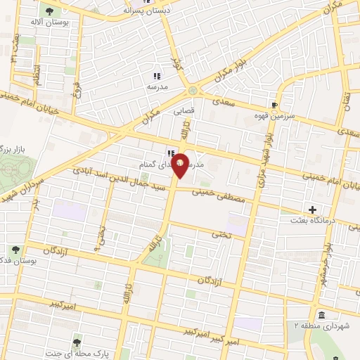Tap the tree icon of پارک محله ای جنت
[77, 342]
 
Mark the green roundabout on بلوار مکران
[193, 91]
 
